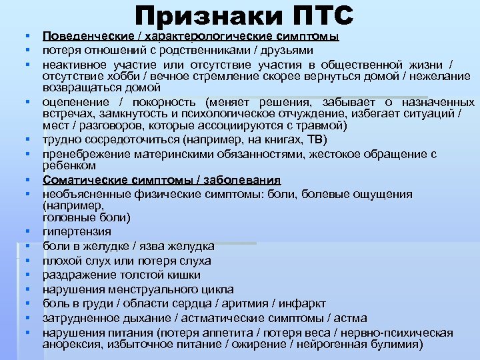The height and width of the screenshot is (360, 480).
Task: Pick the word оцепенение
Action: click(74, 103)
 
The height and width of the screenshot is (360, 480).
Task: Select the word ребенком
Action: click(69, 165)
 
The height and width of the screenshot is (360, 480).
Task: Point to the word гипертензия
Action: click(77, 232)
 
